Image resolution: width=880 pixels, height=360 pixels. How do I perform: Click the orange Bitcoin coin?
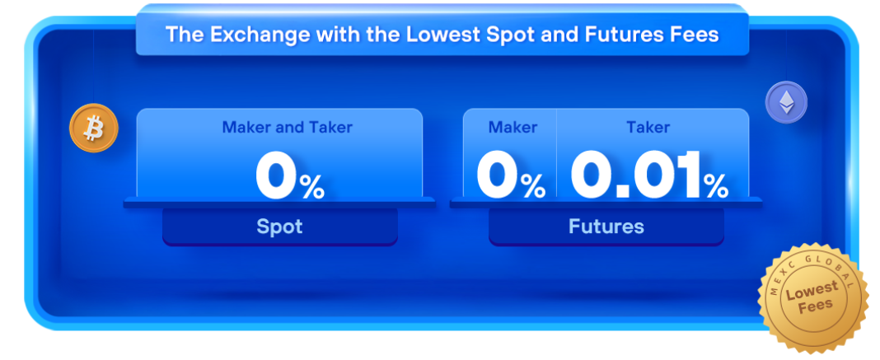[94, 128]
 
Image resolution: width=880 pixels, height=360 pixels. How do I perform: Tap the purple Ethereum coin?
[786, 103]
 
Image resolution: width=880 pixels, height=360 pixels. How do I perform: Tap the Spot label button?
[279, 227]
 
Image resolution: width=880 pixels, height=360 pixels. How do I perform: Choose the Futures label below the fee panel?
[606, 227]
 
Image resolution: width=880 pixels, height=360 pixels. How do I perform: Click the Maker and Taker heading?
[288, 128]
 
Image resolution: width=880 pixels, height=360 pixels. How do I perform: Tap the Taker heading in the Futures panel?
[648, 128]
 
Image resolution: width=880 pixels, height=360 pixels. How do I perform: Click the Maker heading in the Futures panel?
[513, 128]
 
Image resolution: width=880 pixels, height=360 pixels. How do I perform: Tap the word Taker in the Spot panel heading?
[331, 128]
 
